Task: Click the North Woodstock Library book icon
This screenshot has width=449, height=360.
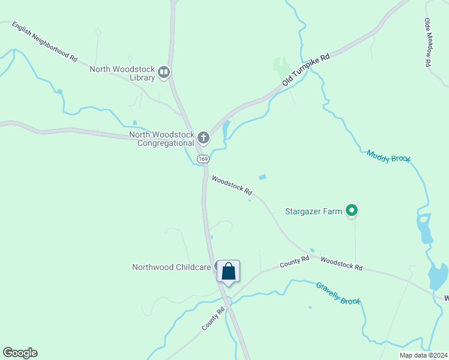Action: coord(164,73)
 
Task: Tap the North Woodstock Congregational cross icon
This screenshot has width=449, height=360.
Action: coord(203,139)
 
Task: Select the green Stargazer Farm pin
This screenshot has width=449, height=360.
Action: coord(352,211)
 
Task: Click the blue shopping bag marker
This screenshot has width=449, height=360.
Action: coord(228,271)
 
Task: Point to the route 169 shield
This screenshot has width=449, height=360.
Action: coord(203,159)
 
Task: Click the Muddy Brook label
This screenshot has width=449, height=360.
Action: coord(389,156)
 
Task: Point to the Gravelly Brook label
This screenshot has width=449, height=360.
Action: coord(338,293)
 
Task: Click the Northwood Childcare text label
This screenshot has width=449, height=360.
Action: coord(172,267)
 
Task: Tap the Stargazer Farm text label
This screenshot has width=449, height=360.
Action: coord(314,211)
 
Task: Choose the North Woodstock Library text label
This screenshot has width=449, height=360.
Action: coord(122,73)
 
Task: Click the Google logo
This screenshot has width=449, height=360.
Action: coord(20,353)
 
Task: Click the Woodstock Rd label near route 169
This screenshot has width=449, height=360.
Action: coord(232,185)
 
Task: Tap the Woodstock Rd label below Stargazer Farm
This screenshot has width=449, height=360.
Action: coord(341,263)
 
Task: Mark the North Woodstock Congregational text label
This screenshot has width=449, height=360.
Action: coord(161,139)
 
